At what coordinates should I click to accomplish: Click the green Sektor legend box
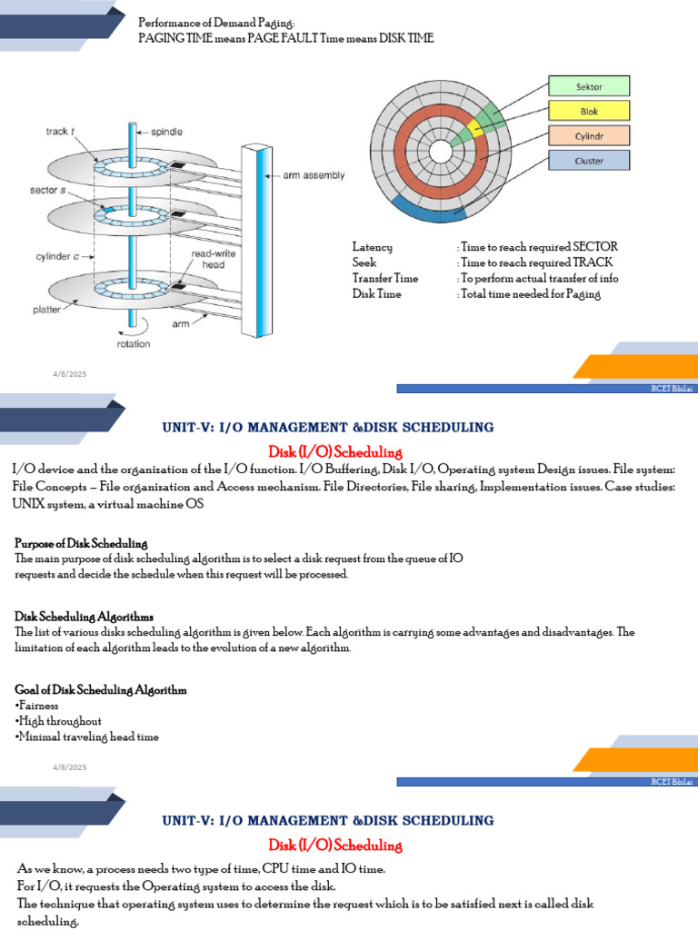tap(588, 86)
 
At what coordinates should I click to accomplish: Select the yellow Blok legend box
tap(588, 111)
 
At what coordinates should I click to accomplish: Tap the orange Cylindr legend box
tap(588, 135)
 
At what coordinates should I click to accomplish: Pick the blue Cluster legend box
tap(588, 161)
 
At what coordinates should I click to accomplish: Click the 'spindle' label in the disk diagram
tap(168, 130)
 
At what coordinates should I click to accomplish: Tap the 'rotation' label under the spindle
tap(133, 344)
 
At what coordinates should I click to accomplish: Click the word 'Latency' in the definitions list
tap(373, 247)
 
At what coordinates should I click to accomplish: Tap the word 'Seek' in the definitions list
tap(364, 262)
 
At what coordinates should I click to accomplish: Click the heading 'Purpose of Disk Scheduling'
tap(81, 542)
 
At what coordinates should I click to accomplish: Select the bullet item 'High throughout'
tap(59, 721)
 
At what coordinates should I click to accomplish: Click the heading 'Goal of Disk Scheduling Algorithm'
tap(101, 690)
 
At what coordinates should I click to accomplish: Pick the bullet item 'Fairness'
tap(38, 706)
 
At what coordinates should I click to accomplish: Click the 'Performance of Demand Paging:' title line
tap(216, 22)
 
